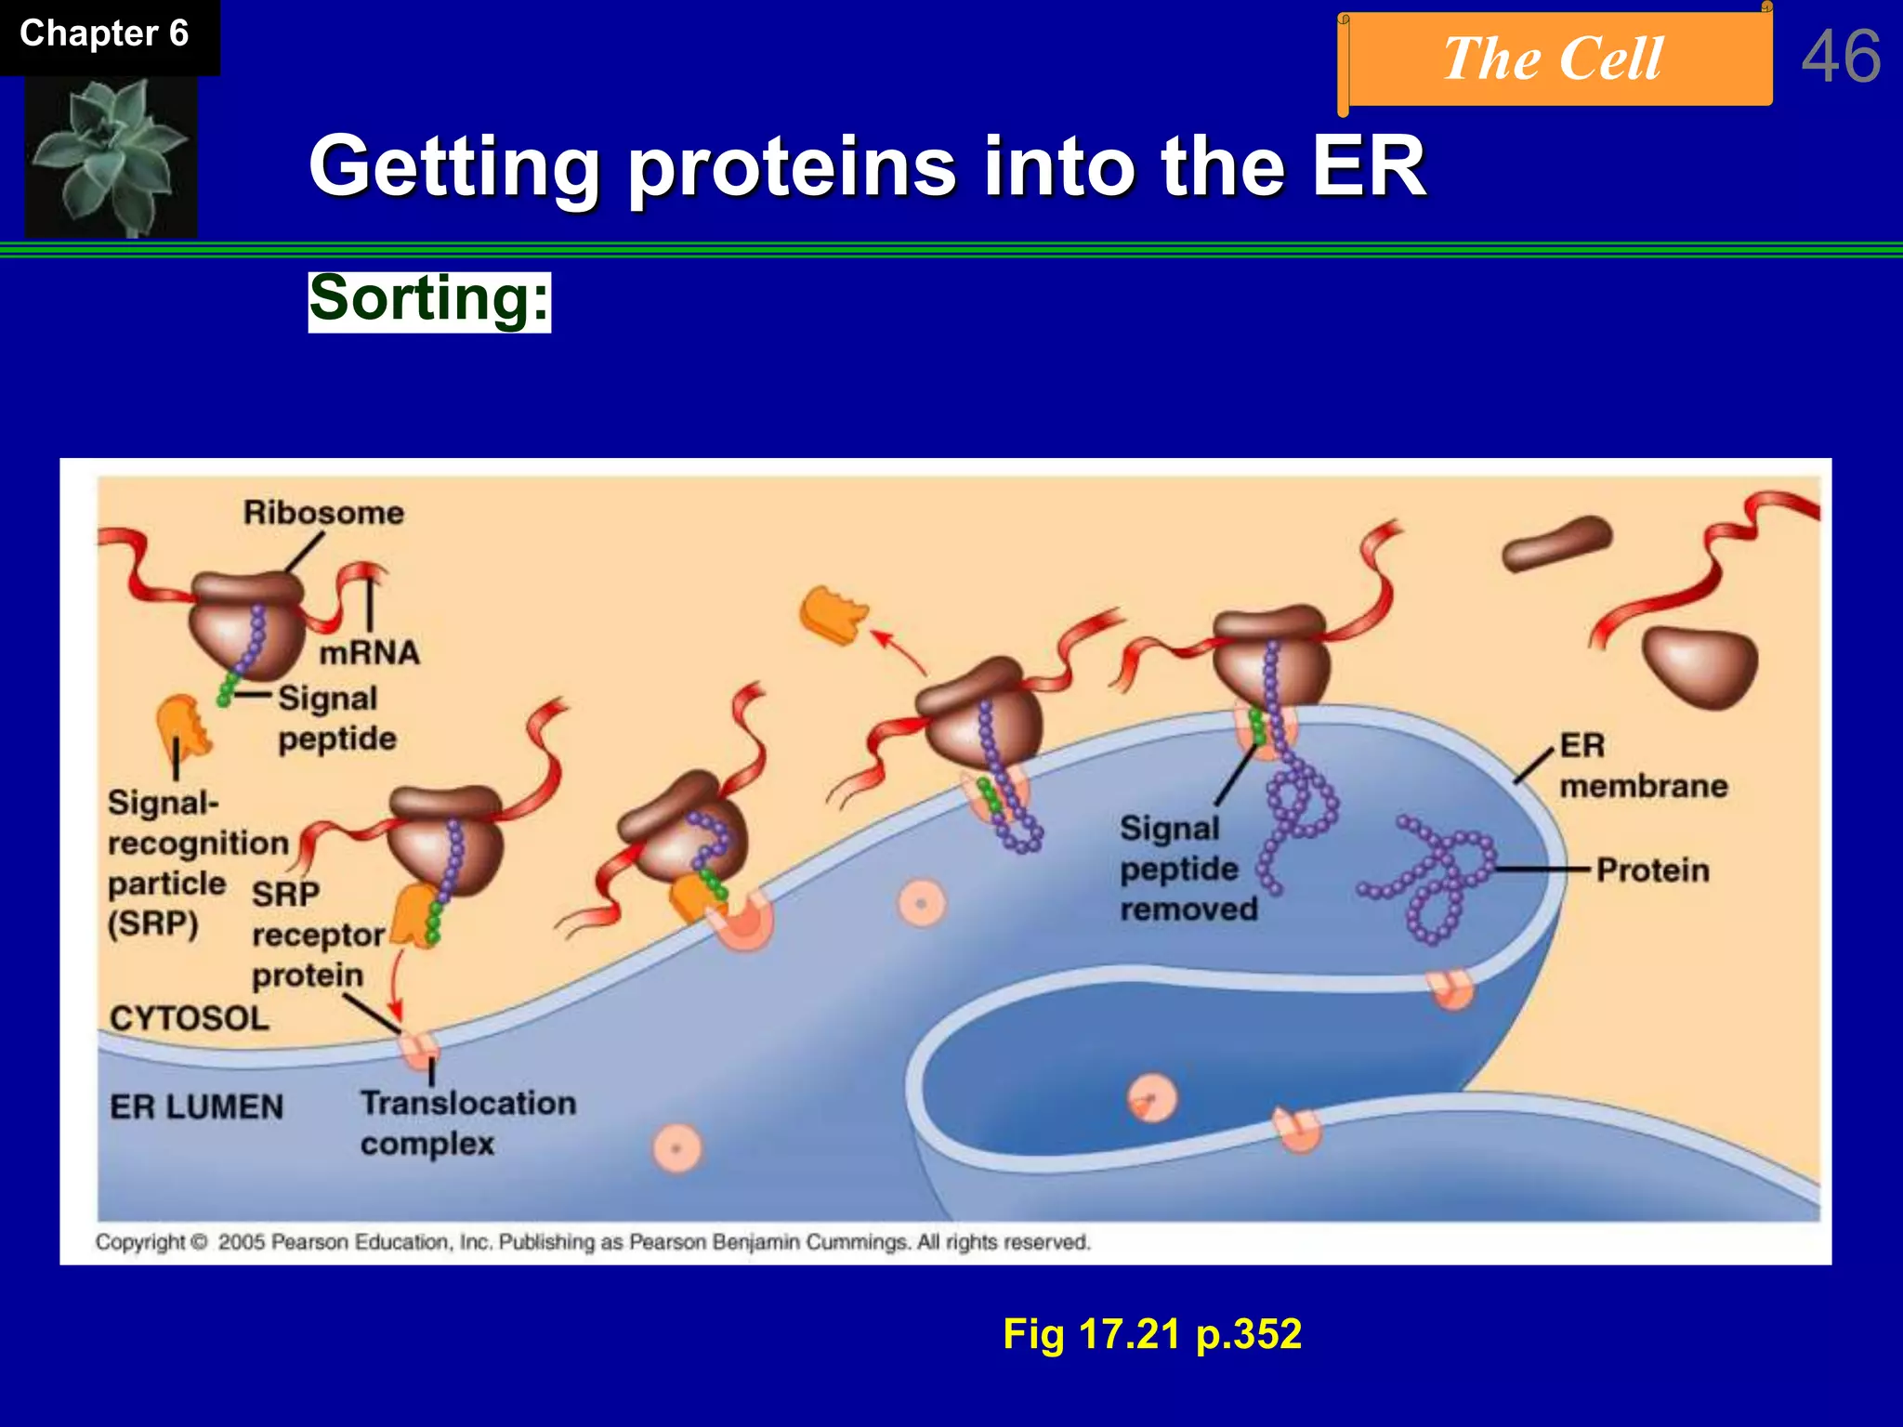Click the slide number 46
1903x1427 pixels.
[1841, 57]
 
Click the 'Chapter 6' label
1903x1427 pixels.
[104, 34]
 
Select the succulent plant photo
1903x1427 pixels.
[111, 156]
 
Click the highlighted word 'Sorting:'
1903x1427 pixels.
[429, 300]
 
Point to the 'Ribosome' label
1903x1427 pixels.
[323, 513]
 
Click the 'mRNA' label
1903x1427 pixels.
[369, 653]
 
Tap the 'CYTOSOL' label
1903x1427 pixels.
[190, 1018]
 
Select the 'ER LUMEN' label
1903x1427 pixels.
[196, 1106]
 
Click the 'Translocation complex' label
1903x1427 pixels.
[467, 1123]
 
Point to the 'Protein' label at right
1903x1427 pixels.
[1652, 871]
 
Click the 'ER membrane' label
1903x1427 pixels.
[1642, 766]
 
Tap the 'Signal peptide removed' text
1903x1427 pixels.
[1188, 869]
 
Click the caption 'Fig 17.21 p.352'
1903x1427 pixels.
[1151, 1334]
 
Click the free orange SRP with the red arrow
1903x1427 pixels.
[833, 614]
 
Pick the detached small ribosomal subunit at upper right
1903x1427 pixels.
[1556, 544]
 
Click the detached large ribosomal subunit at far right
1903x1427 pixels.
[1700, 665]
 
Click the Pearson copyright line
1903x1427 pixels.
[593, 1242]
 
